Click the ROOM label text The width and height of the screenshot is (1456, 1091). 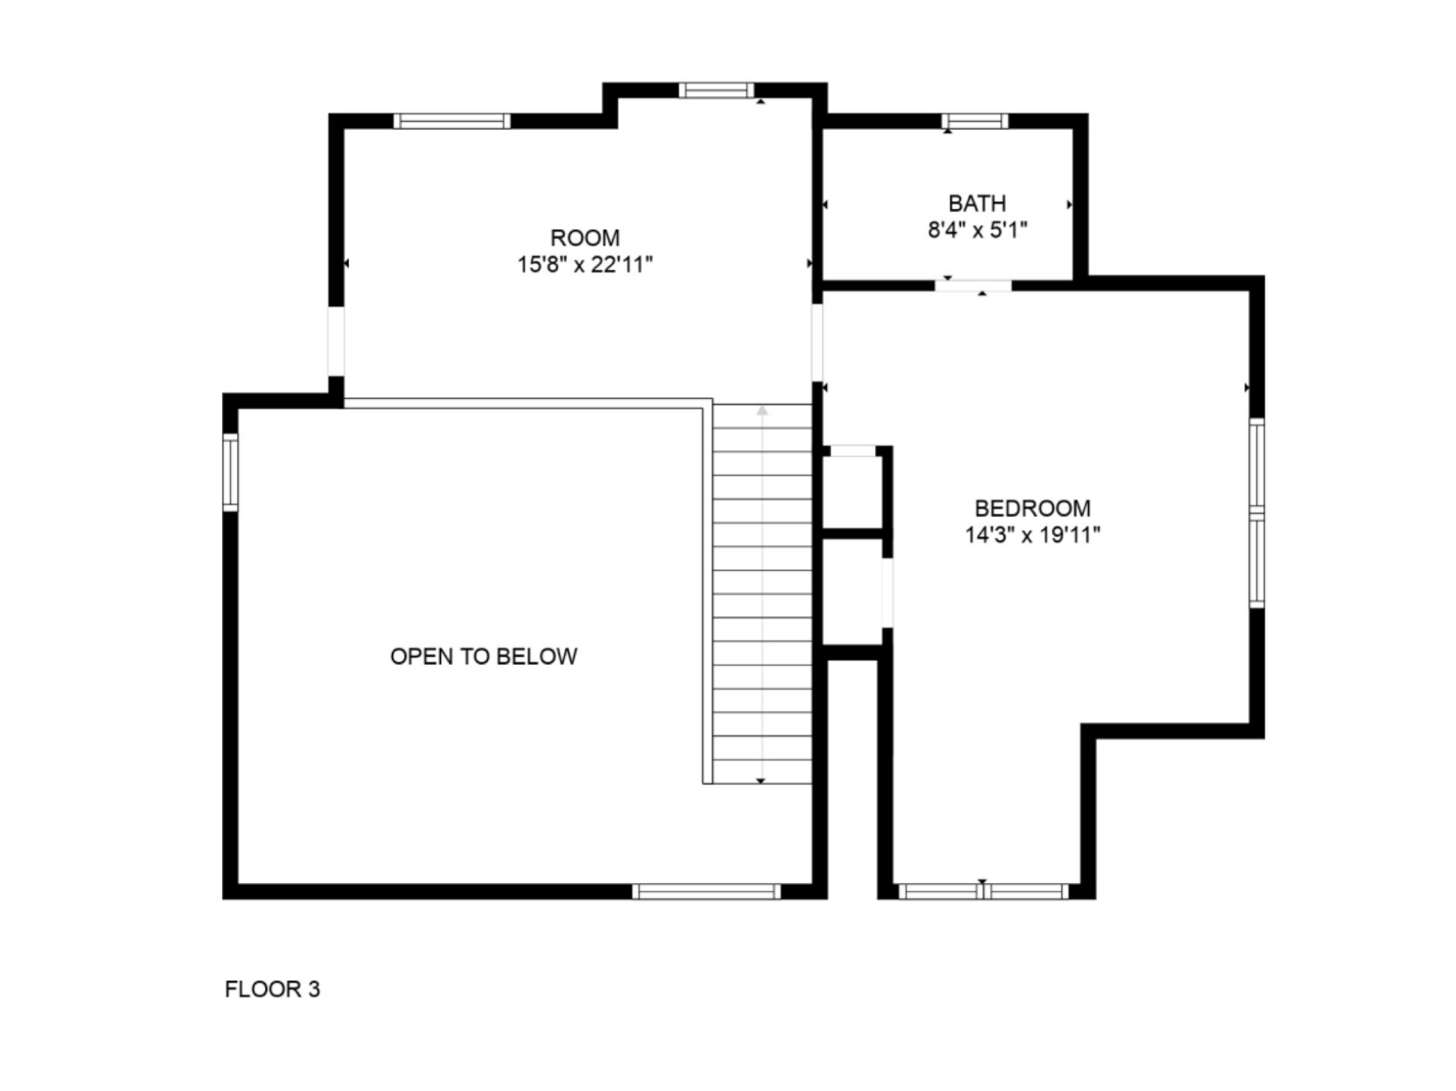[x=585, y=238]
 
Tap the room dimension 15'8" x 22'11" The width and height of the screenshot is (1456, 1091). [x=585, y=265]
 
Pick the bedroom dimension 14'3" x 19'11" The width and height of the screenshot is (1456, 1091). [x=1032, y=535]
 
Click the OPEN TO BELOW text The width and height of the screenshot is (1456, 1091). [x=484, y=656]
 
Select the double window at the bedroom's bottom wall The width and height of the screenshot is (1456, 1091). [x=984, y=892]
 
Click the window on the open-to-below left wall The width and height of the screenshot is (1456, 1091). [x=230, y=472]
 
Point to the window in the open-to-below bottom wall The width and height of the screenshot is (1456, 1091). [x=706, y=892]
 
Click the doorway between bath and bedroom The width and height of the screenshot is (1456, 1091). [x=974, y=285]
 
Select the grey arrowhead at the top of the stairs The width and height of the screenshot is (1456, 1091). [x=762, y=411]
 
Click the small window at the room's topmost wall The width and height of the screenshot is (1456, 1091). [x=716, y=90]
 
